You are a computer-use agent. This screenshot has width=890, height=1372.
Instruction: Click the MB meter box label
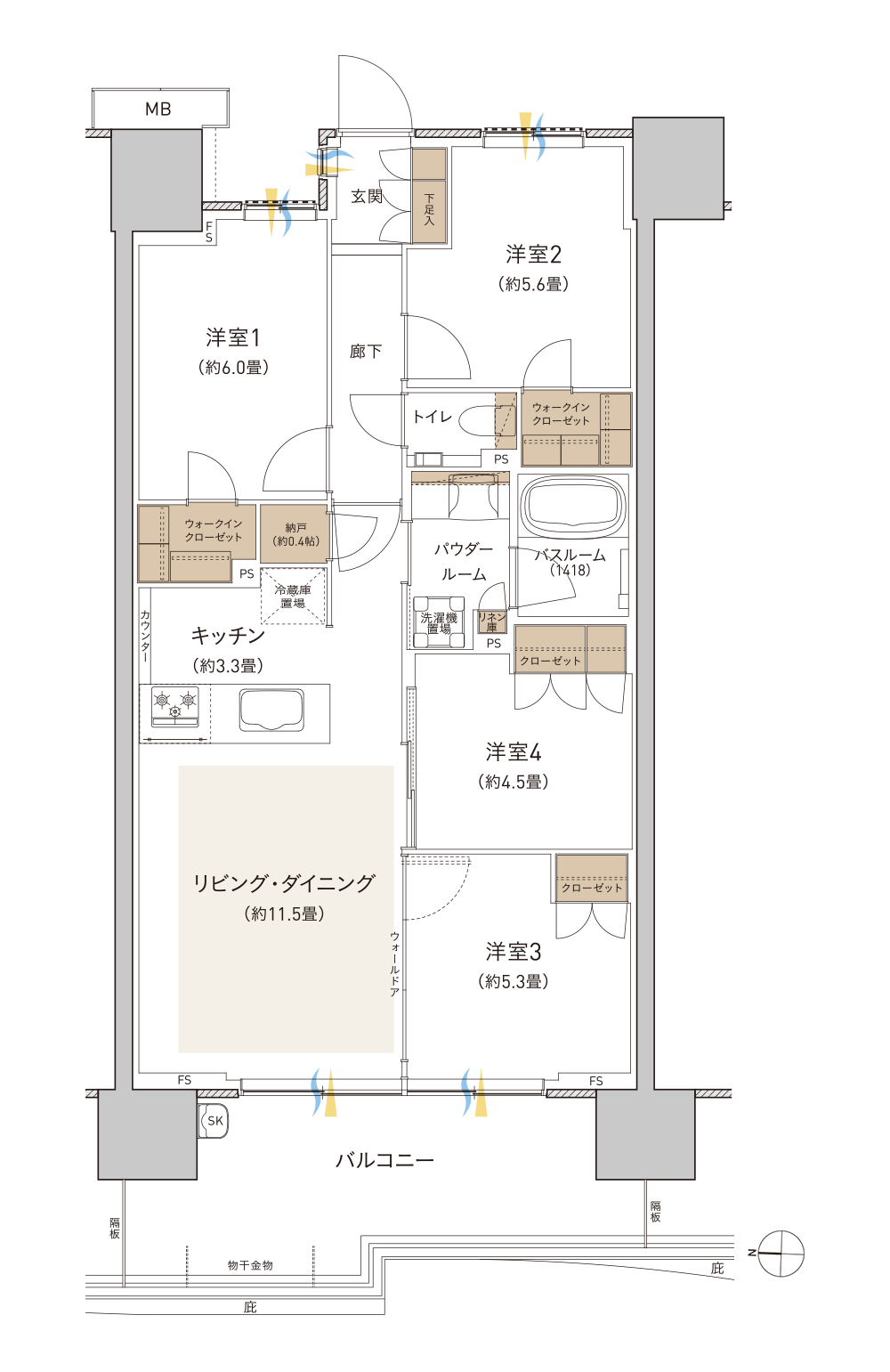pos(158,109)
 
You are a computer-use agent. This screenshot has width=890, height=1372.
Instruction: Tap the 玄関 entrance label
pos(366,196)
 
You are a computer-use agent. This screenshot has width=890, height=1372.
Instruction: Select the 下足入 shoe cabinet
pos(429,196)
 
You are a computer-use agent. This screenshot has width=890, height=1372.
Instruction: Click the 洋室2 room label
pos(533,254)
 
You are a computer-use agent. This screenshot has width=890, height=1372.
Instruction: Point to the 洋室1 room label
pos(233,337)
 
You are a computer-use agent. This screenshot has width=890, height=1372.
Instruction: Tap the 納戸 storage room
pos(295,533)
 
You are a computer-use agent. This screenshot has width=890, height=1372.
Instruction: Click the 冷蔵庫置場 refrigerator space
pos(293,596)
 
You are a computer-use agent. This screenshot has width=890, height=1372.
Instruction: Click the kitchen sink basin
pos(271,710)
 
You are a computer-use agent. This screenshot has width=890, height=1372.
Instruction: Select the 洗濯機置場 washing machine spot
pos(438,622)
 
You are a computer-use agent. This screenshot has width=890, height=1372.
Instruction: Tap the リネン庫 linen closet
pos(492,621)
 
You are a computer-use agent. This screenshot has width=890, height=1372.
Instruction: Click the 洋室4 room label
pos(513,752)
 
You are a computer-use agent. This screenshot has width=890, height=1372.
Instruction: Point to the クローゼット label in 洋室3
pos(591,888)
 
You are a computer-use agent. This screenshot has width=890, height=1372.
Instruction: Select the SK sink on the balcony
pos(214,1122)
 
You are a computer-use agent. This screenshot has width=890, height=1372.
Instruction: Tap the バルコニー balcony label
pos(384,1160)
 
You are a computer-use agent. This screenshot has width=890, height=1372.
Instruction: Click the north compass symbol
pos(780,1254)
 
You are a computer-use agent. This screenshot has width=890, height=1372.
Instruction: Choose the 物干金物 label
pos(250,1265)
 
